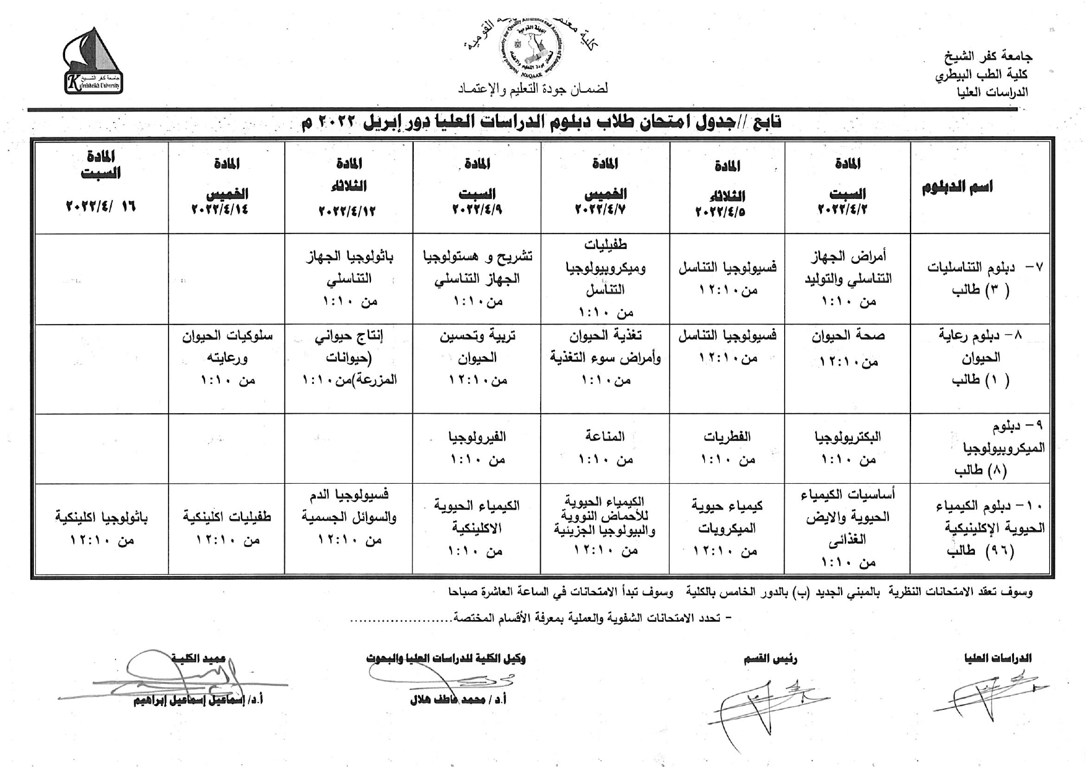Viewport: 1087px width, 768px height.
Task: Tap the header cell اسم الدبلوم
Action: pyautogui.click(x=957, y=187)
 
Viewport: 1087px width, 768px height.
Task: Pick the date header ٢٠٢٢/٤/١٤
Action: pyautogui.click(x=220, y=209)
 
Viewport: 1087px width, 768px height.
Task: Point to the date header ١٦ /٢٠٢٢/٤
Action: pyautogui.click(x=100, y=206)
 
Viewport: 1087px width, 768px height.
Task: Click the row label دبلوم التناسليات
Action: pyautogui.click(x=985, y=278)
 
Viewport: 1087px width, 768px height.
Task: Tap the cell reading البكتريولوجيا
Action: pyautogui.click(x=848, y=437)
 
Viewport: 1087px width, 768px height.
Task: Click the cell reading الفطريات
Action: pyautogui.click(x=727, y=437)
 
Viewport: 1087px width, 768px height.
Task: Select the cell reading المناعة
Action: pyautogui.click(x=605, y=437)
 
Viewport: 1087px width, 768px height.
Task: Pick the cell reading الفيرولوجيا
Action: pyautogui.click(x=478, y=437)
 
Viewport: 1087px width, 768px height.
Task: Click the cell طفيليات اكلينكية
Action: pyautogui.click(x=227, y=517)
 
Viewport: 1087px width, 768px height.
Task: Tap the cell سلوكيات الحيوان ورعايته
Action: pyautogui.click(x=227, y=347)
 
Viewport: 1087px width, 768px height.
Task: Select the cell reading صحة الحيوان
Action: pyautogui.click(x=848, y=336)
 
